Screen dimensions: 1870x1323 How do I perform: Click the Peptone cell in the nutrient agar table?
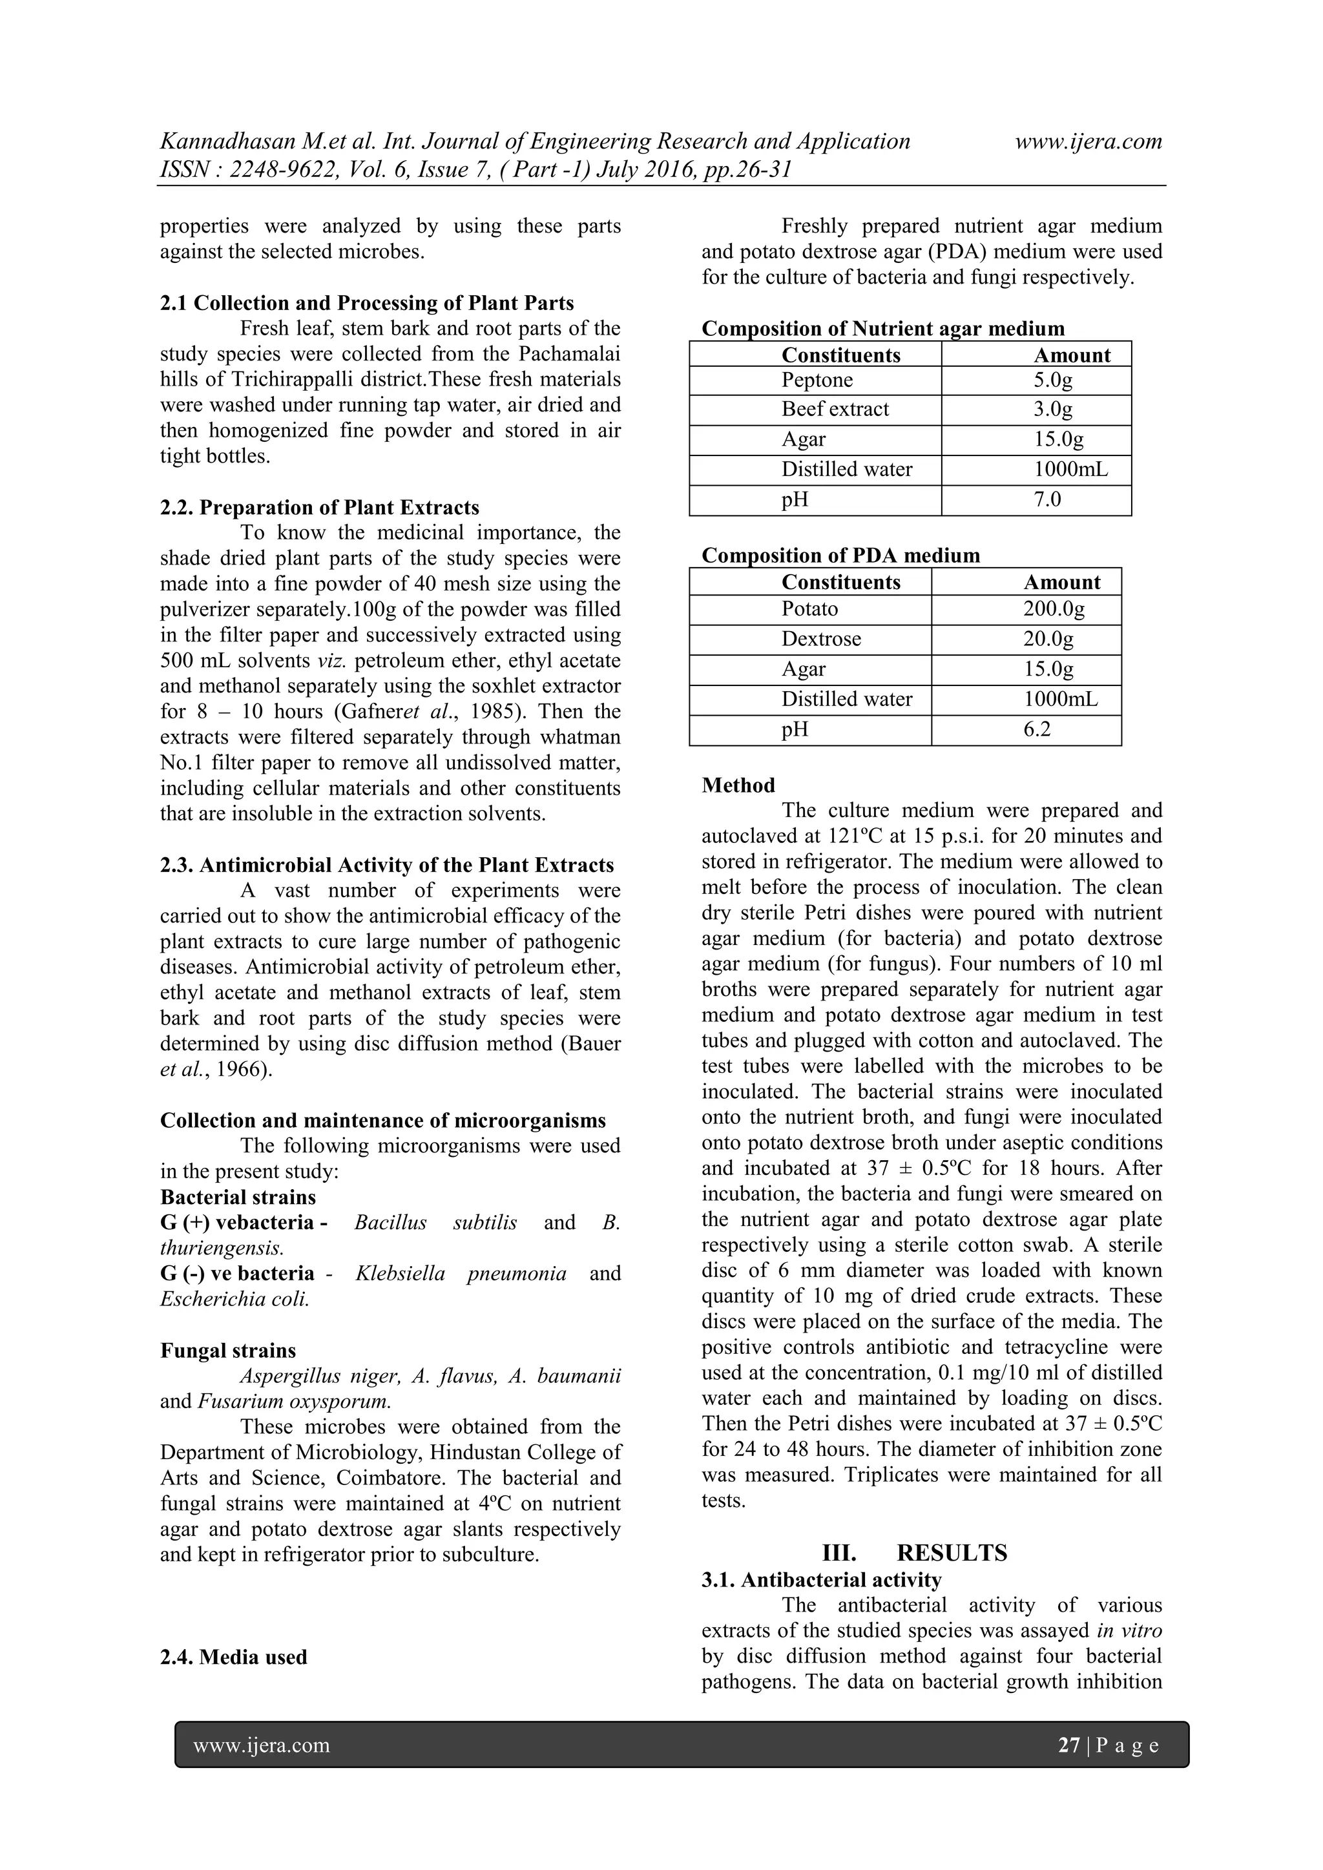click(817, 380)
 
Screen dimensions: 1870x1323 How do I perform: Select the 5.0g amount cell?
click(1052, 380)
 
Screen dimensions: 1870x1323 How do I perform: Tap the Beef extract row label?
click(835, 410)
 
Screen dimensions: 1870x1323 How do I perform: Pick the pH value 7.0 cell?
click(1047, 499)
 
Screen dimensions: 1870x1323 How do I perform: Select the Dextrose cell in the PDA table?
click(820, 639)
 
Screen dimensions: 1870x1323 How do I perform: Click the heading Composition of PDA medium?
click(840, 556)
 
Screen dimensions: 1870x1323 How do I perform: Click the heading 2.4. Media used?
click(233, 1657)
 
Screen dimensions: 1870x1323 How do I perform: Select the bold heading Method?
click(738, 785)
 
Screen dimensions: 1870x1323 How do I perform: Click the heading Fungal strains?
click(227, 1351)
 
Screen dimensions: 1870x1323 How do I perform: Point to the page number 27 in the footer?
click(1068, 1745)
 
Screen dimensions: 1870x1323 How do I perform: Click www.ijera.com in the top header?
click(1088, 141)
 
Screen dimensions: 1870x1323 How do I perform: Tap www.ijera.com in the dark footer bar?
click(261, 1745)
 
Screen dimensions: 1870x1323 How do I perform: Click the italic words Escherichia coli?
click(234, 1299)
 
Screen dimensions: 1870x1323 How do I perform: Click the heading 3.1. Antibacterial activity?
click(821, 1580)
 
